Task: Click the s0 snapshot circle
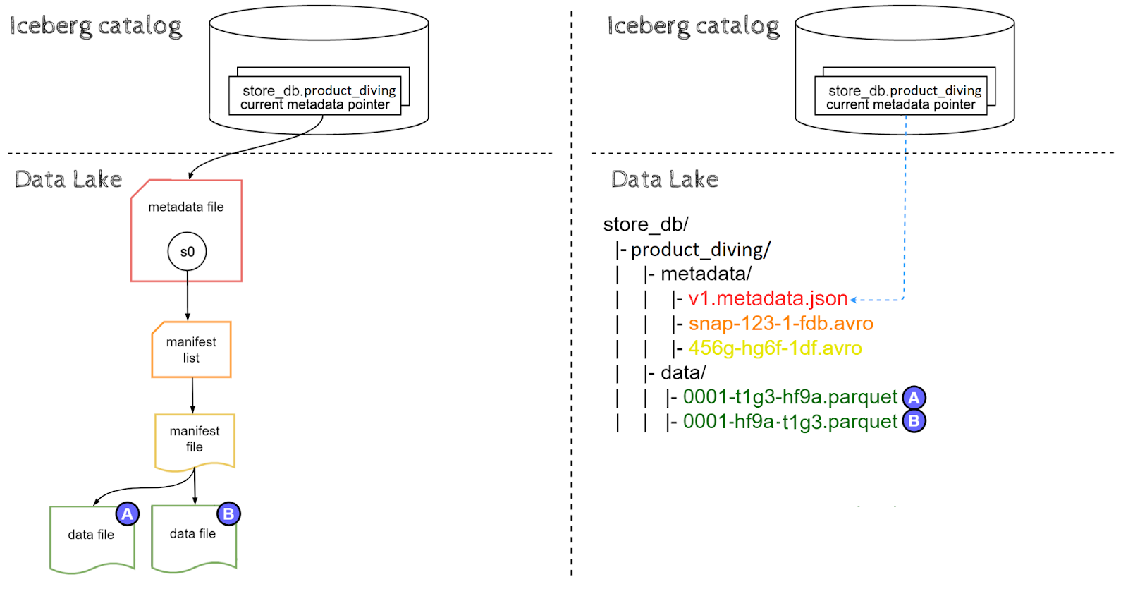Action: pyautogui.click(x=187, y=252)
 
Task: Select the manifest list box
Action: pyautogui.click(x=191, y=350)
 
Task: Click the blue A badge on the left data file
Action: pyautogui.click(x=127, y=514)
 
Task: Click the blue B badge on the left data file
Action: pyautogui.click(x=228, y=514)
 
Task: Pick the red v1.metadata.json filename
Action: pyautogui.click(x=768, y=298)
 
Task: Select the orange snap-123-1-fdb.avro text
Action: pyautogui.click(x=780, y=323)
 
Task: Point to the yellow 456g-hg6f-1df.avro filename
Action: pyautogui.click(x=775, y=348)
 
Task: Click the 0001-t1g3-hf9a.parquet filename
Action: pyautogui.click(x=790, y=396)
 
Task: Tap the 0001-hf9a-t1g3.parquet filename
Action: pyautogui.click(x=790, y=421)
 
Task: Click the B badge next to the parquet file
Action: pyautogui.click(x=914, y=421)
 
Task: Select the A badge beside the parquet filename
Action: pyautogui.click(x=914, y=398)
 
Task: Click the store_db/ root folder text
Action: pyautogui.click(x=645, y=224)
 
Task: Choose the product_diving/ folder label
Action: pyautogui.click(x=700, y=250)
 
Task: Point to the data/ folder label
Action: pyautogui.click(x=682, y=372)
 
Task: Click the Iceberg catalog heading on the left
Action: pyautogui.click(x=96, y=26)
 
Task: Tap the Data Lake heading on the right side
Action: pyautogui.click(x=664, y=179)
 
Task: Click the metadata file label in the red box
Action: pyautogui.click(x=185, y=207)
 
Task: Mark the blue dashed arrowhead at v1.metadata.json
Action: pyautogui.click(x=854, y=300)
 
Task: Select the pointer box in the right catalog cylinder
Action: pyautogui.click(x=900, y=97)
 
